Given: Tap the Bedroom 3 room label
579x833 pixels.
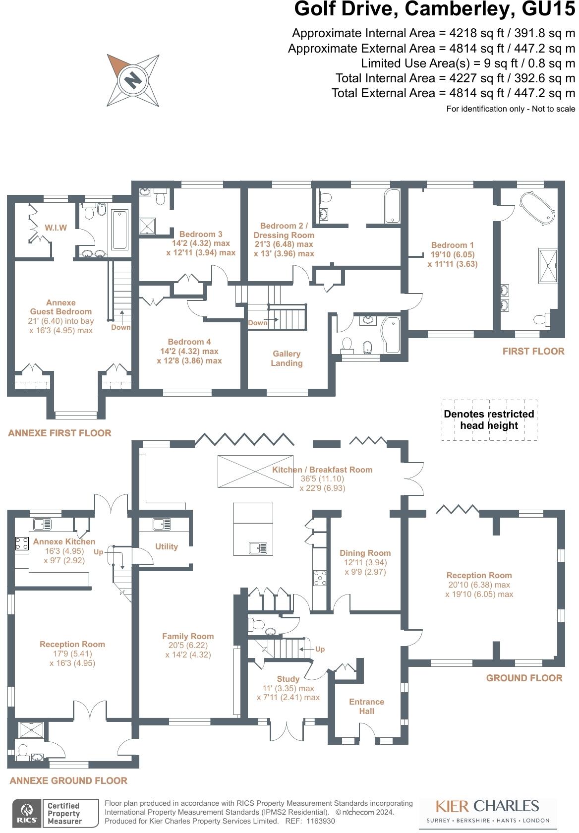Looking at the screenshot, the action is pos(201,234).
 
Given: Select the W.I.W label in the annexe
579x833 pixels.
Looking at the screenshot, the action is pos(56,228).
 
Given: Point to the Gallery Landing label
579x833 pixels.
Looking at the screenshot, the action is pos(287,358).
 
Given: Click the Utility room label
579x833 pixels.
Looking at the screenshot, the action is pos(167,546).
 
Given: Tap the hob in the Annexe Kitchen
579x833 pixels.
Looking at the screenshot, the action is pos(22,543).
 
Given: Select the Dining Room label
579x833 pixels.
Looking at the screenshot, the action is pos(365,553).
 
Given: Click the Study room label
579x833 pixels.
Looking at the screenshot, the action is pos(288,679).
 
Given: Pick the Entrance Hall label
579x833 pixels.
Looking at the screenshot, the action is pos(366,706).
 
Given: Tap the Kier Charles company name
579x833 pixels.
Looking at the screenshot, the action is pos(487,805).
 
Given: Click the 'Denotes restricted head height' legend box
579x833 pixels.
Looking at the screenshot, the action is pos(489,420).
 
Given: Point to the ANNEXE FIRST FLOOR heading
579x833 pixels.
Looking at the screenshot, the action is pos(59,433).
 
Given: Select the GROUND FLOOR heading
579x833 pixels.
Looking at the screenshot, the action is pos(524,678).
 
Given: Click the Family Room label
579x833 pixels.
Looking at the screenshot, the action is pos(188,636).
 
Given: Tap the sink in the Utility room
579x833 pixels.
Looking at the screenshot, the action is pos(162,524).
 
